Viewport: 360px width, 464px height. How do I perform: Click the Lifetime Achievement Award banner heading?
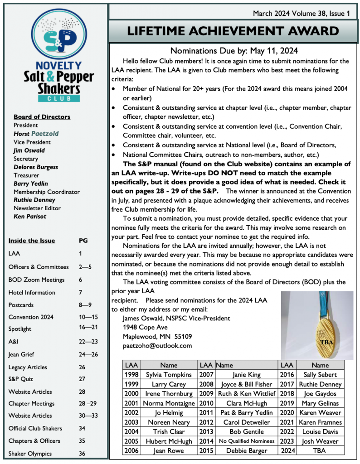(x=234, y=31)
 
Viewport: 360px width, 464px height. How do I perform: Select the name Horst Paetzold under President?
(x=36, y=134)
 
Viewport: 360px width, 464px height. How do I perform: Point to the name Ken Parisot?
(x=30, y=216)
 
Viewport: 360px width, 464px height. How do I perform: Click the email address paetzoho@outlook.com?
(x=157, y=345)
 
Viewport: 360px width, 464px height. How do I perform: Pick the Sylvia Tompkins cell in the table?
(x=169, y=375)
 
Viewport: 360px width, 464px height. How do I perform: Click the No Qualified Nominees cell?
(x=247, y=441)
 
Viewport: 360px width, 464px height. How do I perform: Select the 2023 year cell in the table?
(x=287, y=441)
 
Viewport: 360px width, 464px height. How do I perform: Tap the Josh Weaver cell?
(x=320, y=441)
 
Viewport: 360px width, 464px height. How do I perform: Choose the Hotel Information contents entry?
(x=32, y=292)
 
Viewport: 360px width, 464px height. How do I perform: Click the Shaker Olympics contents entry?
(x=30, y=454)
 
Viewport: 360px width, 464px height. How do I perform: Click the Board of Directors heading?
(x=42, y=117)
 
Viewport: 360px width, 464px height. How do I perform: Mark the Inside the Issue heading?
(x=32, y=241)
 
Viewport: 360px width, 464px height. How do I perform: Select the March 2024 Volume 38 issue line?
(x=302, y=14)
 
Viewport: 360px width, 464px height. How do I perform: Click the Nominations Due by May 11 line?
(x=234, y=51)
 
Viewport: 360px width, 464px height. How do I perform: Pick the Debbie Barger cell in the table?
(x=247, y=450)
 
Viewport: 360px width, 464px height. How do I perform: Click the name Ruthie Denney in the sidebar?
(x=34, y=200)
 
